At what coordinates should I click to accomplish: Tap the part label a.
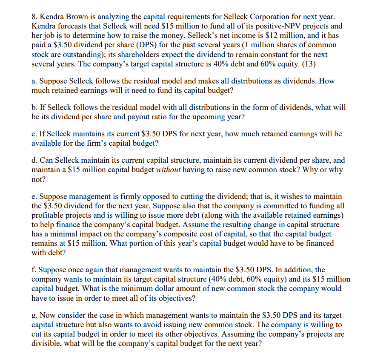pyautogui.click(x=34, y=81)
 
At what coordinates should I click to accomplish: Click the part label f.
pyautogui.click(x=34, y=270)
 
